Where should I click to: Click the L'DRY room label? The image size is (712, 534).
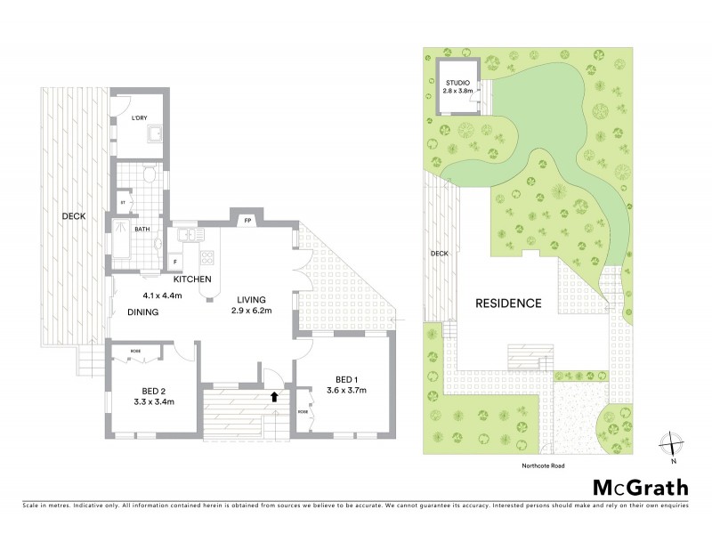point(139,117)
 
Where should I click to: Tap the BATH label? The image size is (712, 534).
point(141,229)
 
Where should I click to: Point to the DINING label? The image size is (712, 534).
point(142,312)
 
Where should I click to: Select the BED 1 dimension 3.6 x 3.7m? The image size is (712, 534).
point(346,390)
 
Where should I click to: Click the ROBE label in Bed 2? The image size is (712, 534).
point(136,352)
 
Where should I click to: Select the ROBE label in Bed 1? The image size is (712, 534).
point(303,412)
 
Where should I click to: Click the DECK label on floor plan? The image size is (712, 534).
point(73,216)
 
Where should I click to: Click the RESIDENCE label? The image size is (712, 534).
point(508,303)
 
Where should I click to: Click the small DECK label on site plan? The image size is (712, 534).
point(440,253)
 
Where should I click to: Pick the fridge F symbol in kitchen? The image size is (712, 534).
point(175,261)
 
